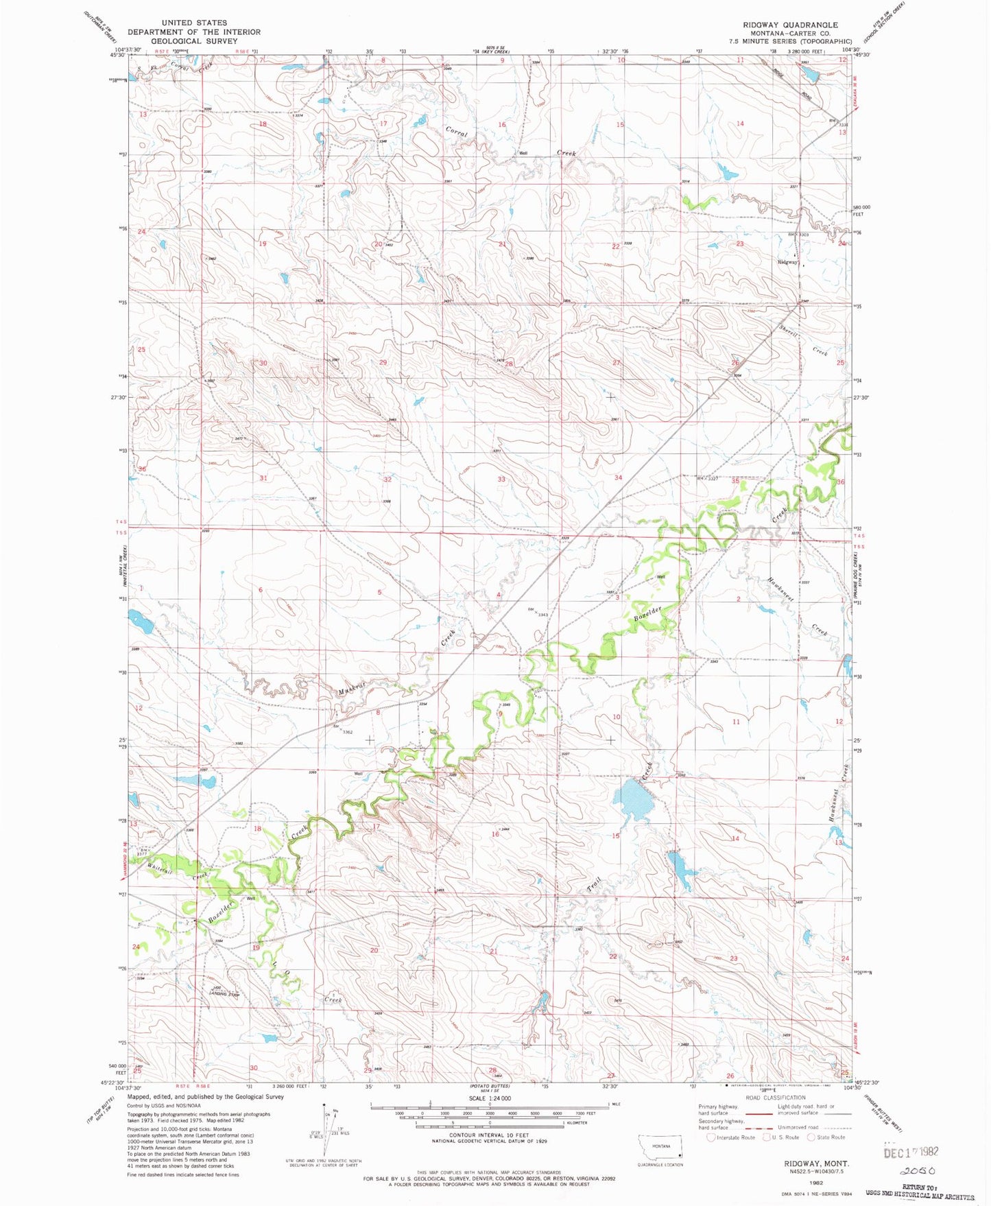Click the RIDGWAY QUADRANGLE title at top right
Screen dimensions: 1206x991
pos(790,25)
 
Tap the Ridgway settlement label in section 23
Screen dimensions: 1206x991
pos(787,262)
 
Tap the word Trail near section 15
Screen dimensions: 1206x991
pos(594,884)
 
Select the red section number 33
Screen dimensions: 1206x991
pos(501,480)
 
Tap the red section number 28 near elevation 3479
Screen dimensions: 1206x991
pos(509,364)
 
